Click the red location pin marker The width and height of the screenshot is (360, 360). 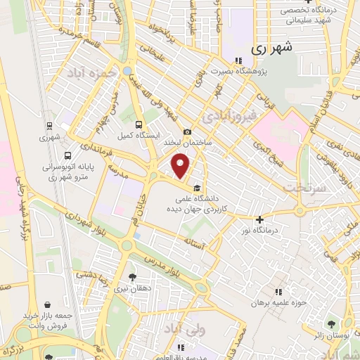[181, 166]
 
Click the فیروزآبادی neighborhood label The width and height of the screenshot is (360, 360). [235, 112]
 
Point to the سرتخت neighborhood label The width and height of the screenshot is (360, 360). [302, 188]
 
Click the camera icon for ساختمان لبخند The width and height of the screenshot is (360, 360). [187, 131]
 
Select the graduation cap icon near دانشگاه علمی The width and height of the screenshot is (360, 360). [197, 188]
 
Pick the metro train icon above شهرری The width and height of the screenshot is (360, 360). [49, 125]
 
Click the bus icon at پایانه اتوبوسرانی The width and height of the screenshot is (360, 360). [67, 156]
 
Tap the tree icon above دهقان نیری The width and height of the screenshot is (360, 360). [134, 277]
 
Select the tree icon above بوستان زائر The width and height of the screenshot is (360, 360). [331, 324]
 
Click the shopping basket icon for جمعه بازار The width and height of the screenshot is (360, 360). [47, 305]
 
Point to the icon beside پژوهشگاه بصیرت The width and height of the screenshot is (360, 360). [238, 61]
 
